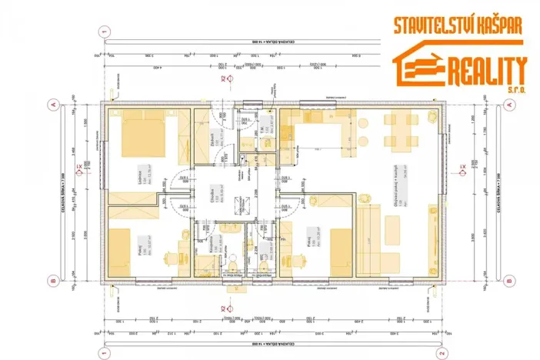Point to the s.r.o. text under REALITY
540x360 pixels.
pyautogui.click(x=515, y=90)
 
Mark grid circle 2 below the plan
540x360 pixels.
pyautogui.click(x=440, y=353)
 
